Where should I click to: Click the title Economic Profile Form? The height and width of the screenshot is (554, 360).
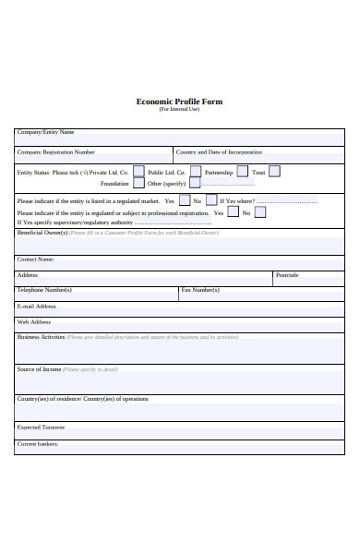[x=179, y=102]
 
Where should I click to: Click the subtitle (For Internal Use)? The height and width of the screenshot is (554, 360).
[x=179, y=110]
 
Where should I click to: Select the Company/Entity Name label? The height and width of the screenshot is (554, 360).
[x=45, y=133]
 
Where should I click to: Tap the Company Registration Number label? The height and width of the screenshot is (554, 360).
[x=56, y=151]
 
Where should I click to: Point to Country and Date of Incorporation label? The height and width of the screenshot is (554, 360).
[x=219, y=151]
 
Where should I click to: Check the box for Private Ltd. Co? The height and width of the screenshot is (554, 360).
[x=138, y=172]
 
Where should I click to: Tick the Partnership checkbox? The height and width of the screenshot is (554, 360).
[x=243, y=172]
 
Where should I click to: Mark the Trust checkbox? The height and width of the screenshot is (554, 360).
[x=274, y=172]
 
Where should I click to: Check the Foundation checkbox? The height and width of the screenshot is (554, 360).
[x=138, y=184]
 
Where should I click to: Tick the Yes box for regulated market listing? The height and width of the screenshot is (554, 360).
[x=185, y=200]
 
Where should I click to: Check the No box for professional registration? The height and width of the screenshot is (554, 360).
[x=260, y=212]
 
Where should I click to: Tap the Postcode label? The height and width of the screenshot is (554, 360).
[x=287, y=275]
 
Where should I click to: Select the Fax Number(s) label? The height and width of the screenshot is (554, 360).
[x=200, y=290]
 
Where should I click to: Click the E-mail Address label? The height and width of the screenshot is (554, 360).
[x=37, y=306]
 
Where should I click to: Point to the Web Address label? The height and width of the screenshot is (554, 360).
[x=34, y=322]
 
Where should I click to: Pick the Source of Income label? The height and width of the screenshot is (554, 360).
[x=40, y=368]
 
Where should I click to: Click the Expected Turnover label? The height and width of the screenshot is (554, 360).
[x=42, y=428]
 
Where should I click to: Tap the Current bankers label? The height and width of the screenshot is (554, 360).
[x=38, y=444]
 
